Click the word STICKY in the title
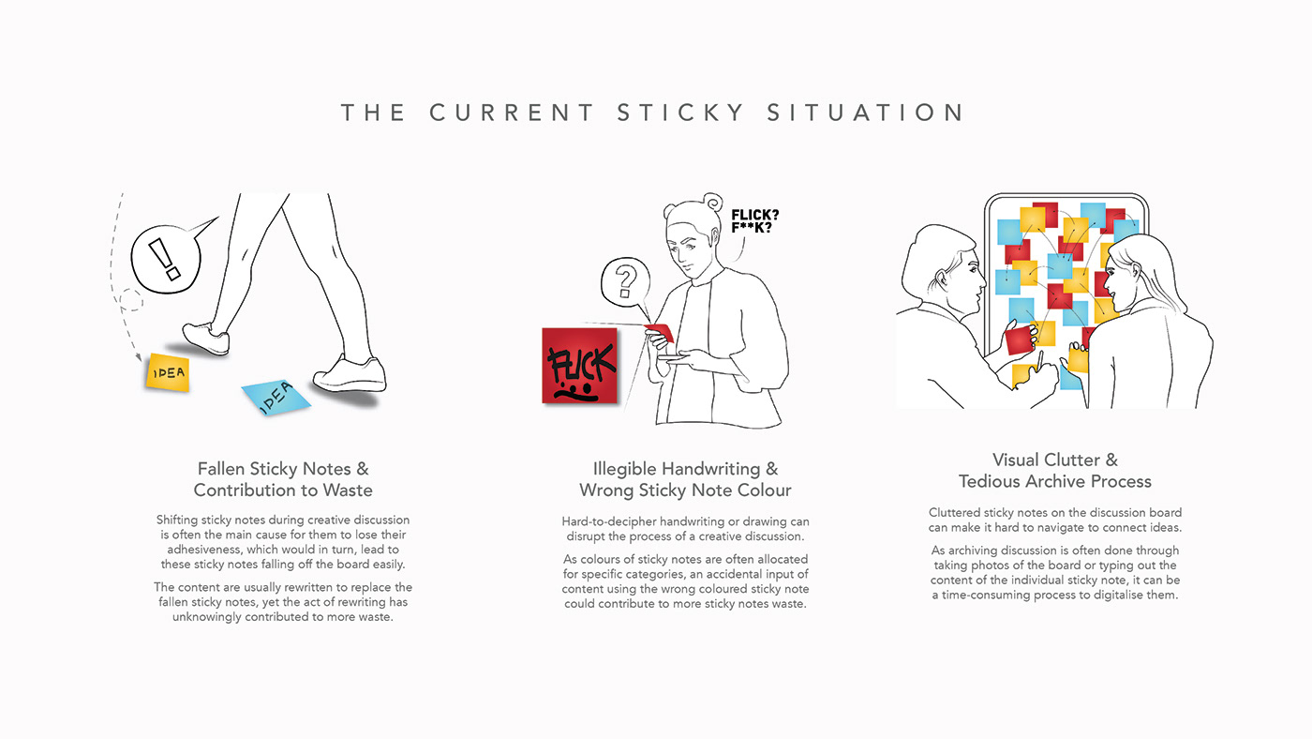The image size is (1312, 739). click(680, 113)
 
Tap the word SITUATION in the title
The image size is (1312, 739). click(866, 113)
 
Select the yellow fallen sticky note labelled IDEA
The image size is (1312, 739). click(168, 372)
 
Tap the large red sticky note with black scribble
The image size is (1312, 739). click(579, 366)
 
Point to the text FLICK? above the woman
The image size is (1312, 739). click(755, 215)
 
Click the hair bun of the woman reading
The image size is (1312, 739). click(713, 203)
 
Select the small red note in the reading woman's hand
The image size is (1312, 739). click(660, 332)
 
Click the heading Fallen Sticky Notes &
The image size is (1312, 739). click(283, 469)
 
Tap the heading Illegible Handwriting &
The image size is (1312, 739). click(685, 469)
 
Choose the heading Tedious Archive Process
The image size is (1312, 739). click(1055, 481)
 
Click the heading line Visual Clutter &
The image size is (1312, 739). click(1055, 460)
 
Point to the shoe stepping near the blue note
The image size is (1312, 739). click(350, 374)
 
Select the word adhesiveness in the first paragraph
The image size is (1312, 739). click(203, 550)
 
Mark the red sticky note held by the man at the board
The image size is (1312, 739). click(1020, 339)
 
